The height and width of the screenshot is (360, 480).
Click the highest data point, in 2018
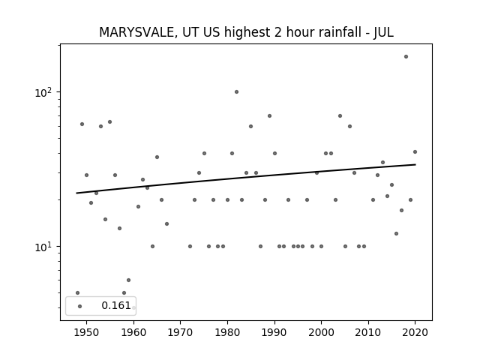[406, 57]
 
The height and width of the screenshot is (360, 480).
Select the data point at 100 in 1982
[237, 91]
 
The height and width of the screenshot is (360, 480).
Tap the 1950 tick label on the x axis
[87, 332]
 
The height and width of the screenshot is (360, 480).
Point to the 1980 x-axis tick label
[227, 332]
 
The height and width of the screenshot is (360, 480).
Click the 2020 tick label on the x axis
[415, 332]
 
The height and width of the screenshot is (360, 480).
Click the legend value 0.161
[116, 305]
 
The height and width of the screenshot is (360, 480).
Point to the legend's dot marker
[80, 306]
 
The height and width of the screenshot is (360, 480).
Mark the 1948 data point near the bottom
[77, 293]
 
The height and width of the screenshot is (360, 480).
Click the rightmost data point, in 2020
[415, 151]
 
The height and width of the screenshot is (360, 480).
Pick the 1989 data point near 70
[270, 115]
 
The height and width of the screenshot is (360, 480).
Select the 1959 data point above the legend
[128, 280]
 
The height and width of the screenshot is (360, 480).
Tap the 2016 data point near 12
[397, 233]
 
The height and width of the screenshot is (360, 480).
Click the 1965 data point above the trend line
[157, 157]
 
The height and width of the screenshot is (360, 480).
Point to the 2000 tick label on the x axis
[321, 332]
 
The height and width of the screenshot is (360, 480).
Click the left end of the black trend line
[76, 193]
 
